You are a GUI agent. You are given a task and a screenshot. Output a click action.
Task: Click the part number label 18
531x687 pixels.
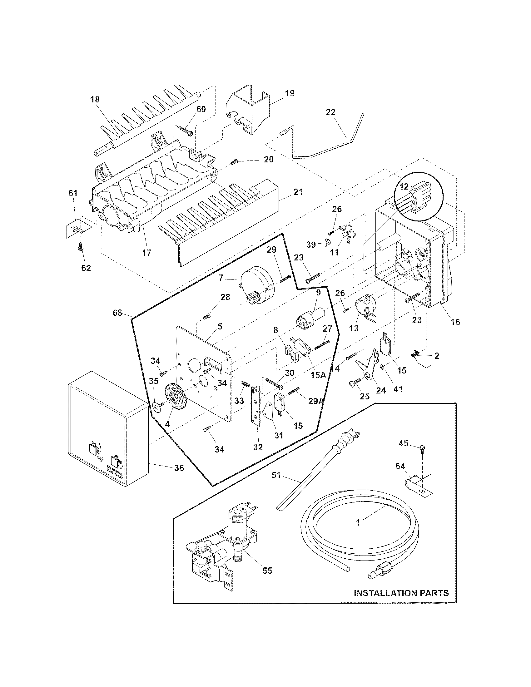click(95, 100)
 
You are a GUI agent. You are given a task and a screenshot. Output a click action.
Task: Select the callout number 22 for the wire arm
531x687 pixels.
click(330, 112)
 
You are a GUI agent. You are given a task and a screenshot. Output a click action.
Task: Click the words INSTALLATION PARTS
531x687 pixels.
click(401, 593)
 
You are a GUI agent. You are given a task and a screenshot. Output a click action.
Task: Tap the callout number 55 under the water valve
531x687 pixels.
click(267, 570)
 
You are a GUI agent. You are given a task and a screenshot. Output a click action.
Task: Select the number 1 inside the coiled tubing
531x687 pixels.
click(358, 522)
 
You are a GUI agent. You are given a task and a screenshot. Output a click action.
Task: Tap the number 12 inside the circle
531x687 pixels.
click(404, 186)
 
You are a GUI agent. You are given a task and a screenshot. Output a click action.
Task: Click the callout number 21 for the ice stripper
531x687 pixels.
click(298, 191)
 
